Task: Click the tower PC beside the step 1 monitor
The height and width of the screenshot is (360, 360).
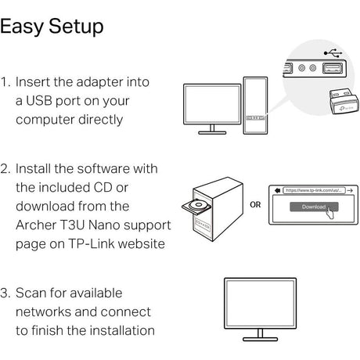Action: click(257, 106)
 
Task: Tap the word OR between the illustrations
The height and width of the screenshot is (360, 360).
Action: click(255, 206)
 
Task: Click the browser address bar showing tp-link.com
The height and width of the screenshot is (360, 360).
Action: click(311, 190)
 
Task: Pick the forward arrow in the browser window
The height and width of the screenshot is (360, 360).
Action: click(350, 190)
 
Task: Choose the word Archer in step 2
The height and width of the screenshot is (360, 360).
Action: click(36, 225)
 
